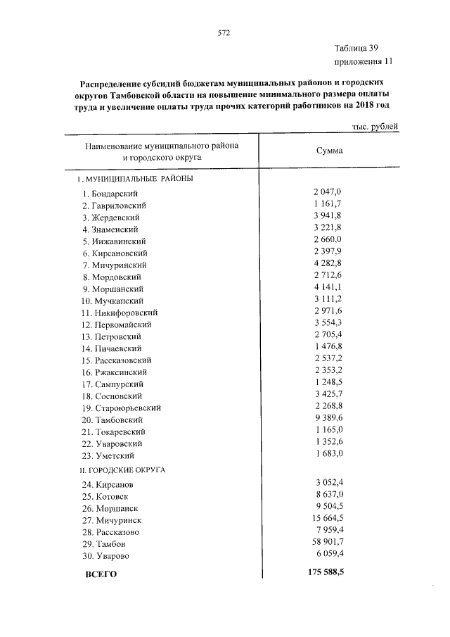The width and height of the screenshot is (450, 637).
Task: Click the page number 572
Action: point(224,33)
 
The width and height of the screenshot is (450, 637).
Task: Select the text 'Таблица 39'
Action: point(357,49)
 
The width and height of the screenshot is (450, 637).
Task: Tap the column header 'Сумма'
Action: point(329,151)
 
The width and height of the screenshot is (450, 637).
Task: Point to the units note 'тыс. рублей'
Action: point(375,127)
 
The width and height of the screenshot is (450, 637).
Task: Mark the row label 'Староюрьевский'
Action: point(126,408)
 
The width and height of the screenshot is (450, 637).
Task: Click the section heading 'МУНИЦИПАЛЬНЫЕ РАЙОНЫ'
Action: point(139,179)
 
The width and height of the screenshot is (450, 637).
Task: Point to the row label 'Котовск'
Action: point(115,496)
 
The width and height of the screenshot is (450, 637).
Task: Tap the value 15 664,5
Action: point(325,519)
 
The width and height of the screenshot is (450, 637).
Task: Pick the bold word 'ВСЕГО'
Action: point(101,574)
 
